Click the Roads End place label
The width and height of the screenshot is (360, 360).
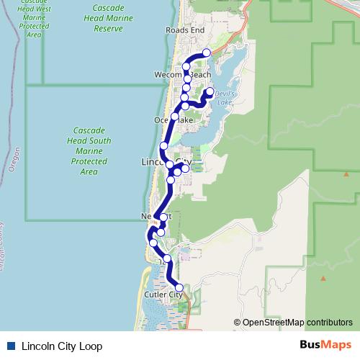tap(185, 30)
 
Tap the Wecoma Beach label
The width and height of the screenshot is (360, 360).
tap(183, 75)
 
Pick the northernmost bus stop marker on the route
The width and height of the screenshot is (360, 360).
tap(207, 53)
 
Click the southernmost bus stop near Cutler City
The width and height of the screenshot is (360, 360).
tap(179, 288)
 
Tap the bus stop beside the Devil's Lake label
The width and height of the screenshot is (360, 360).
tap(210, 91)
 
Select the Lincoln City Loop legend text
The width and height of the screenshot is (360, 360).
tap(61, 346)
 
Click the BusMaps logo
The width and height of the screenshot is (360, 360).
tap(326, 346)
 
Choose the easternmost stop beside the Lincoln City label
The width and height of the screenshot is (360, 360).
tap(185, 168)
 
